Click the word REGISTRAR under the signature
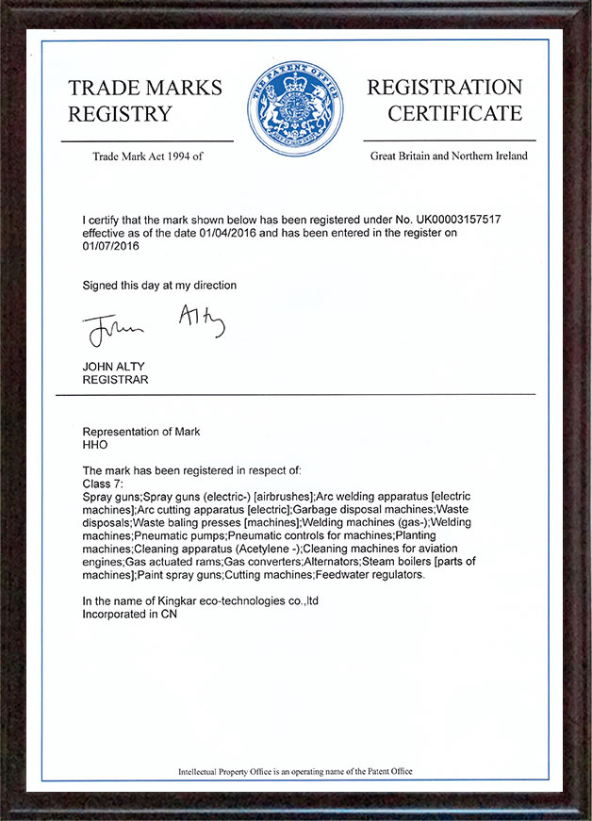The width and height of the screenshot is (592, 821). [115, 380]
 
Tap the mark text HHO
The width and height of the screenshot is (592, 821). [95, 445]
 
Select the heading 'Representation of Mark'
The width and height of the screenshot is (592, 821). [141, 432]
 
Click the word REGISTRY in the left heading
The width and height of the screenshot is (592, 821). [120, 115]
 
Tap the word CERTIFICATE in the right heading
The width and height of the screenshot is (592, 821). [455, 114]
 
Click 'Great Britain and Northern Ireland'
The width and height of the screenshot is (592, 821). [449, 156]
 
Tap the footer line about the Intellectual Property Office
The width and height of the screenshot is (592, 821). [295, 771]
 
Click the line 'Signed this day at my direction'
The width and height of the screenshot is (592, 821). [159, 285]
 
